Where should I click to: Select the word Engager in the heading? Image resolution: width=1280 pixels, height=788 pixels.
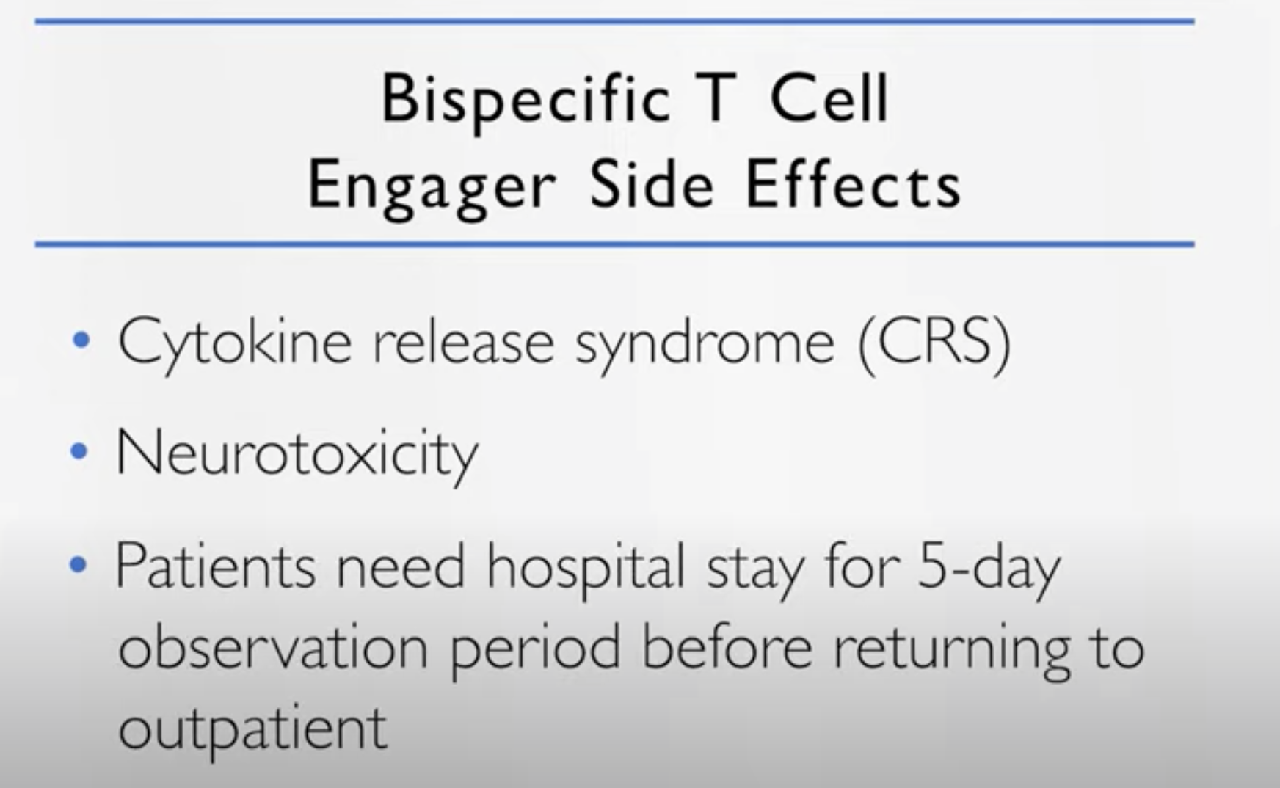tap(432, 186)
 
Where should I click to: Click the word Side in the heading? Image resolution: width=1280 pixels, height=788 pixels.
tap(651, 184)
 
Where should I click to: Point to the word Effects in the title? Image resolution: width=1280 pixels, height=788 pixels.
tap(853, 184)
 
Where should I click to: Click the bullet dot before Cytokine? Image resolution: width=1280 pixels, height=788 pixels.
tap(81, 340)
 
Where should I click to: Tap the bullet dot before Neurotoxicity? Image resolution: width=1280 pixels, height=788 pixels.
tap(79, 451)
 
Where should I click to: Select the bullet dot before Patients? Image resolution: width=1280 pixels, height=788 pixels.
tap(79, 565)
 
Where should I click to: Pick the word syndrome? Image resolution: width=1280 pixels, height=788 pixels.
tap(705, 346)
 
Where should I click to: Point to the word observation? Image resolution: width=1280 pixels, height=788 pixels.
tap(273, 646)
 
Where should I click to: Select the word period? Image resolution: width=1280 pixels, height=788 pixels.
tap(536, 650)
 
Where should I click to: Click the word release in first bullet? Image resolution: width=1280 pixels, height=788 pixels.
tap(463, 342)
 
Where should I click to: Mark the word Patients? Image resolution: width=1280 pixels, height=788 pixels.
tap(216, 566)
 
